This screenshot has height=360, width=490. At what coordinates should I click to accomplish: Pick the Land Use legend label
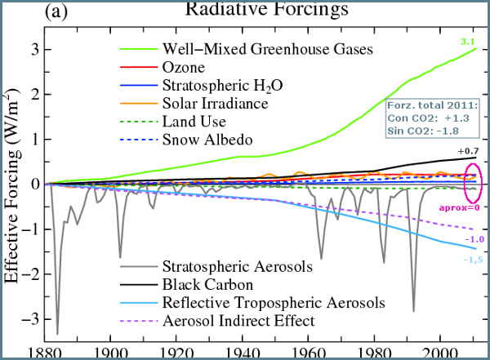coord(194,121)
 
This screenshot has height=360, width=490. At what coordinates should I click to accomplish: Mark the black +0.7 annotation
coord(467,152)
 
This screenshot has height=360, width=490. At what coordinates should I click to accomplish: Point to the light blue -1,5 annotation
coord(474,259)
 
